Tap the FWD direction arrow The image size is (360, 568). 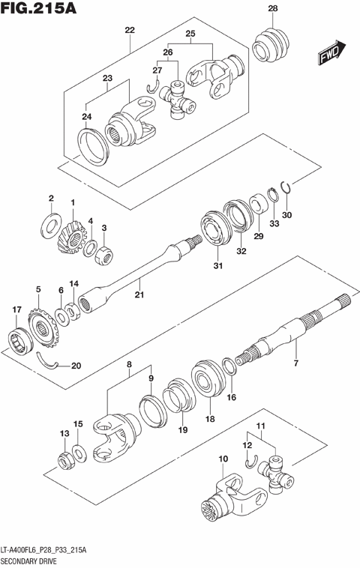330,53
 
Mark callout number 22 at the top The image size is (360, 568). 130,30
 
